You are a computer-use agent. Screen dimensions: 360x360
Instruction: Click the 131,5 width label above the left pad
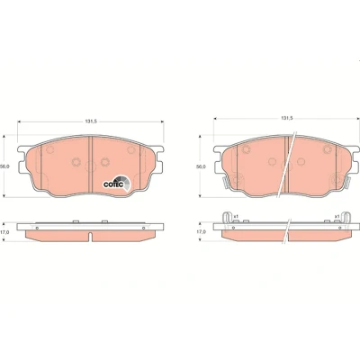[90, 121]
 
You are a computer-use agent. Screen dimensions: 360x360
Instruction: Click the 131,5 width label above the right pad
[286, 118]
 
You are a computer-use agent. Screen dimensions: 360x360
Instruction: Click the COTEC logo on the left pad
[117, 183]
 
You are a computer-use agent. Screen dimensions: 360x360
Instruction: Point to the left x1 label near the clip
[236, 216]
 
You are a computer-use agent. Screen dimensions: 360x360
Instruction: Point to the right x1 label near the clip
[337, 216]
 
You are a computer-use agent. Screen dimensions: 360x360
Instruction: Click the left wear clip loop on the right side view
[227, 218]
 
